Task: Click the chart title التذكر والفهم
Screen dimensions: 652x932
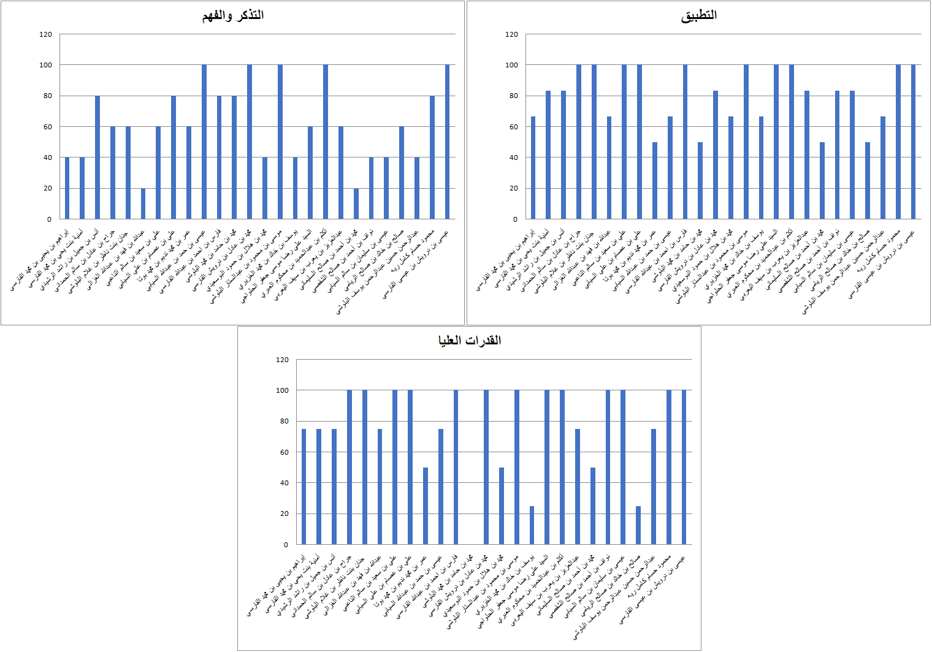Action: coord(233,15)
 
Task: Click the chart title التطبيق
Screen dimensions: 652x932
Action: coord(698,15)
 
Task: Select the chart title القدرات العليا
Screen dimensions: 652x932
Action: coord(469,340)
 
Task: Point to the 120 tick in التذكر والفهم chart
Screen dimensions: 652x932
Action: coord(46,34)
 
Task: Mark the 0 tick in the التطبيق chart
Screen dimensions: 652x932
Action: coord(515,219)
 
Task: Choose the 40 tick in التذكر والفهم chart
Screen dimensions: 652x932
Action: coord(48,157)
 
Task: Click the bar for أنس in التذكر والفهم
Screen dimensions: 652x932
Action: coord(97,157)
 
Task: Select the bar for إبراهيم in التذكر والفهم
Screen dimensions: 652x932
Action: coord(67,188)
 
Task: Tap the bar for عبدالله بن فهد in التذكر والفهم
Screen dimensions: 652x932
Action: coord(143,203)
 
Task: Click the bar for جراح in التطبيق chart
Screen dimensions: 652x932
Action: coord(579,142)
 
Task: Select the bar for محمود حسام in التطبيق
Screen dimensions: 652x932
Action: coord(898,142)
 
